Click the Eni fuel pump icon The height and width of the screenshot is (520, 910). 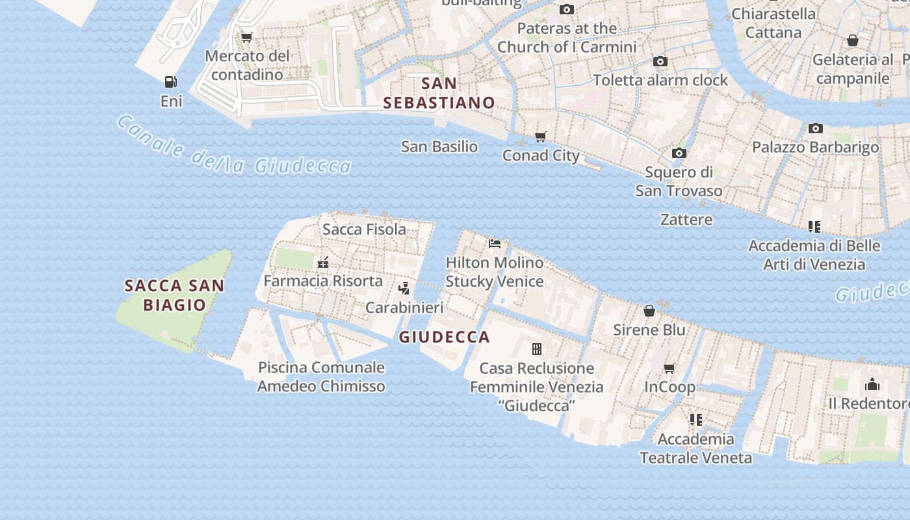[171, 82]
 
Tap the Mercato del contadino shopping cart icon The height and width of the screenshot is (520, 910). [246, 38]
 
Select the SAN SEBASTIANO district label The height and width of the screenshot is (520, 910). [439, 93]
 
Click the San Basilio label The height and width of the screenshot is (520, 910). [439, 147]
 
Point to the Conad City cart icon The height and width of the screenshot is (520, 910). [541, 136]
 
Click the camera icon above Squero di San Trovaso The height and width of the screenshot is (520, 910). [679, 153]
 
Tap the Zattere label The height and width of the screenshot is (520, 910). [686, 220]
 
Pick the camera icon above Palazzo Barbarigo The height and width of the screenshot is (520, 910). [816, 129]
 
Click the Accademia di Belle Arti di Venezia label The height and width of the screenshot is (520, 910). [814, 255]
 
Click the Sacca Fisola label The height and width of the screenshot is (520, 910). [364, 229]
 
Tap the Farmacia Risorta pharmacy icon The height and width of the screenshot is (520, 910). [323, 263]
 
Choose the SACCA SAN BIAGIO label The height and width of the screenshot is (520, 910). [174, 295]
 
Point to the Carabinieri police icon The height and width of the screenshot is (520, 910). [404, 289]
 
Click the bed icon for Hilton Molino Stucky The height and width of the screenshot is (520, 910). [495, 244]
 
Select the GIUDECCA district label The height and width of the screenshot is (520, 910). [444, 337]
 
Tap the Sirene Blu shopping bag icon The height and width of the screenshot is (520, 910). [649, 311]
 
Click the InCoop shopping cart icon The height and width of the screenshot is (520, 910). [669, 368]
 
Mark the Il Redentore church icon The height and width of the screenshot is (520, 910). [872, 384]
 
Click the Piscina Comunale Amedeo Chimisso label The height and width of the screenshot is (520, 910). [321, 377]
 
